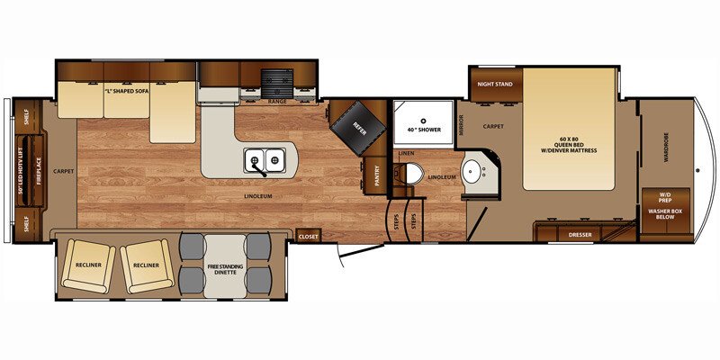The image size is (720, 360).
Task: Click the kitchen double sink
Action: (x=265, y=161)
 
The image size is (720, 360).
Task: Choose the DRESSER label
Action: (x=579, y=235)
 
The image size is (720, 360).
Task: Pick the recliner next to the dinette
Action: (x=147, y=265)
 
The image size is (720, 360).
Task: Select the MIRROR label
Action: (x=461, y=125)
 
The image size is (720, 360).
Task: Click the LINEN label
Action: (x=405, y=154)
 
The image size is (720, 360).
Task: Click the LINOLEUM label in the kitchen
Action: (x=257, y=194)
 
